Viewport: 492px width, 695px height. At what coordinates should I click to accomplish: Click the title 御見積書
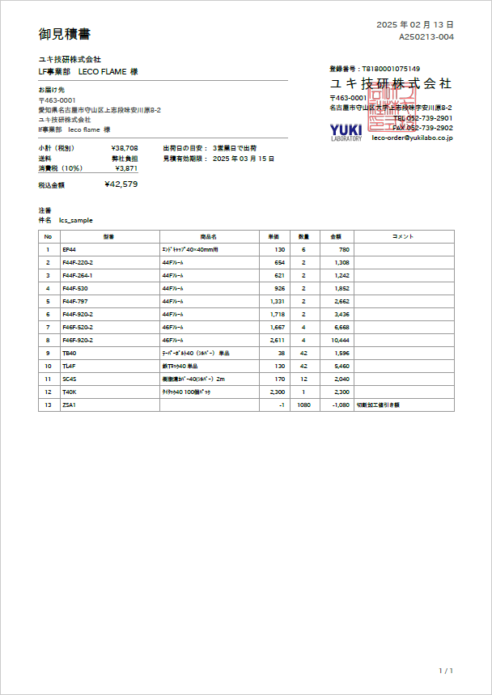point(65,34)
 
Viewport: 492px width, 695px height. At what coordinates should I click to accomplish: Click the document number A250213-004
point(426,37)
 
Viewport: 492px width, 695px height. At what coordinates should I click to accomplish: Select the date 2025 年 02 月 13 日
point(414,25)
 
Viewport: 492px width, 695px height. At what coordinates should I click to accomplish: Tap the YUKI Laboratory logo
point(346,131)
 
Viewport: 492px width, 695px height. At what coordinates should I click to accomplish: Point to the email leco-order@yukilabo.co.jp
point(412,138)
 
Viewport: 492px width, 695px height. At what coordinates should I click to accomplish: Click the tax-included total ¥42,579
point(121,184)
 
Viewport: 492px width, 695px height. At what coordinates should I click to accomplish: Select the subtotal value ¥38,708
point(125,149)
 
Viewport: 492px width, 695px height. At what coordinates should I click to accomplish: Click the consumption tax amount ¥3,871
point(126,169)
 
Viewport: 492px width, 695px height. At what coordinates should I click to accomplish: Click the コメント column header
point(402,236)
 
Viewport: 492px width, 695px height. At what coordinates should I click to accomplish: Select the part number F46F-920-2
point(78,341)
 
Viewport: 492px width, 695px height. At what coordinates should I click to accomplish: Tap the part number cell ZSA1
point(69,405)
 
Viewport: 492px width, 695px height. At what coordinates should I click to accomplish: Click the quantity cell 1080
point(304,405)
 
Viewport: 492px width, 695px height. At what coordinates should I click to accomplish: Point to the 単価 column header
point(274,236)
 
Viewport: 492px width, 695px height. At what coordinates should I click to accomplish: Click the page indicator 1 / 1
point(445,671)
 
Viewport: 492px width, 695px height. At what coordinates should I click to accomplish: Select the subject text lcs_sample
point(76,220)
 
